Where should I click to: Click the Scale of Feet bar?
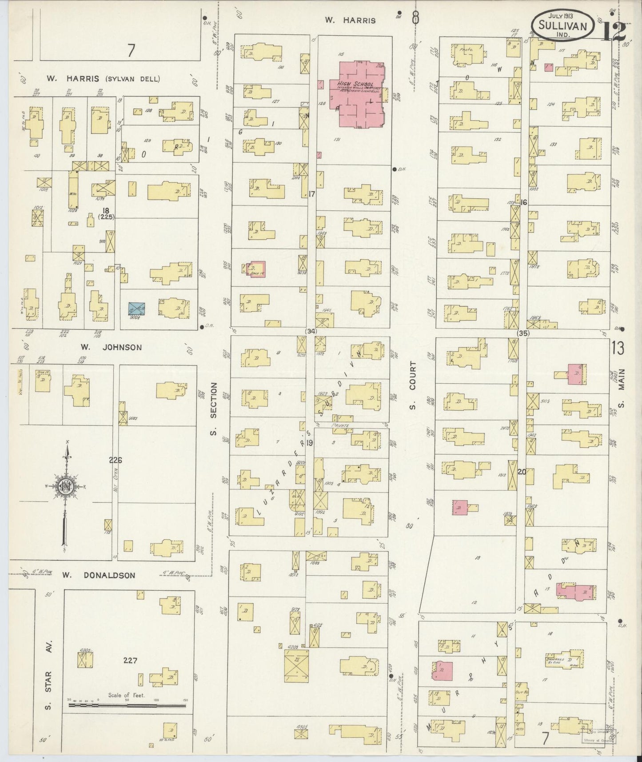(x=127, y=705)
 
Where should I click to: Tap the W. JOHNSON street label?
(x=111, y=347)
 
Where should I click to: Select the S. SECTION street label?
(x=213, y=409)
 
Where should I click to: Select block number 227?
(x=131, y=661)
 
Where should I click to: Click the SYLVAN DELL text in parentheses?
(x=132, y=79)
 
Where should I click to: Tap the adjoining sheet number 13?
(x=618, y=348)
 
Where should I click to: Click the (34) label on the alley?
(x=311, y=331)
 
